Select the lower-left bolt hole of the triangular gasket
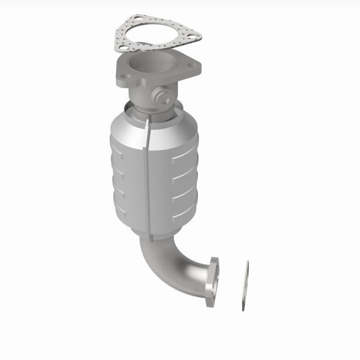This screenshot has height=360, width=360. [120, 46]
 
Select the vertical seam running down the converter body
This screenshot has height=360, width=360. [147, 175]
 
